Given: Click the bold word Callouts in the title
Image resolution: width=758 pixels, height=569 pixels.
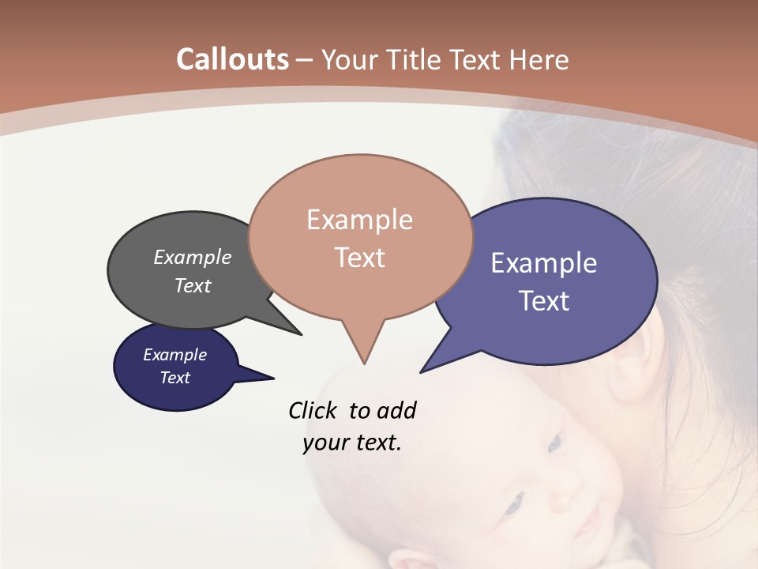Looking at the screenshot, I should click(232, 59).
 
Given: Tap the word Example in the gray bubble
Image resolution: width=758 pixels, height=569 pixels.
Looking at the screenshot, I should click(193, 258).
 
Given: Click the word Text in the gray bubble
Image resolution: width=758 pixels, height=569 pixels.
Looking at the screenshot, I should click(193, 285).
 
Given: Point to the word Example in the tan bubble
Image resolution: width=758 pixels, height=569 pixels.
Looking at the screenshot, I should click(359, 220).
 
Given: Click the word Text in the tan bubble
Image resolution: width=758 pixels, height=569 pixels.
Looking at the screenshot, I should click(359, 258).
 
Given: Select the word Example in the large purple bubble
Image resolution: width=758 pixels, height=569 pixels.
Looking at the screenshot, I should click(544, 263).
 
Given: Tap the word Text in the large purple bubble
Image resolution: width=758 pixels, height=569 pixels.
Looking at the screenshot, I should click(544, 301).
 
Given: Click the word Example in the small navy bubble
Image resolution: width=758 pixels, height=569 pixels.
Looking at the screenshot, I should click(174, 355).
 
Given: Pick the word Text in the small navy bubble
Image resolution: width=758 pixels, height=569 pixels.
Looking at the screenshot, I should click(174, 378).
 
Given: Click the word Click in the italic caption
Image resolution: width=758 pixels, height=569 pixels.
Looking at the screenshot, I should click(314, 410).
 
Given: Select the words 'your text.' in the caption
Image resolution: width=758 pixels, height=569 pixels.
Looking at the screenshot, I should click(352, 443).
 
